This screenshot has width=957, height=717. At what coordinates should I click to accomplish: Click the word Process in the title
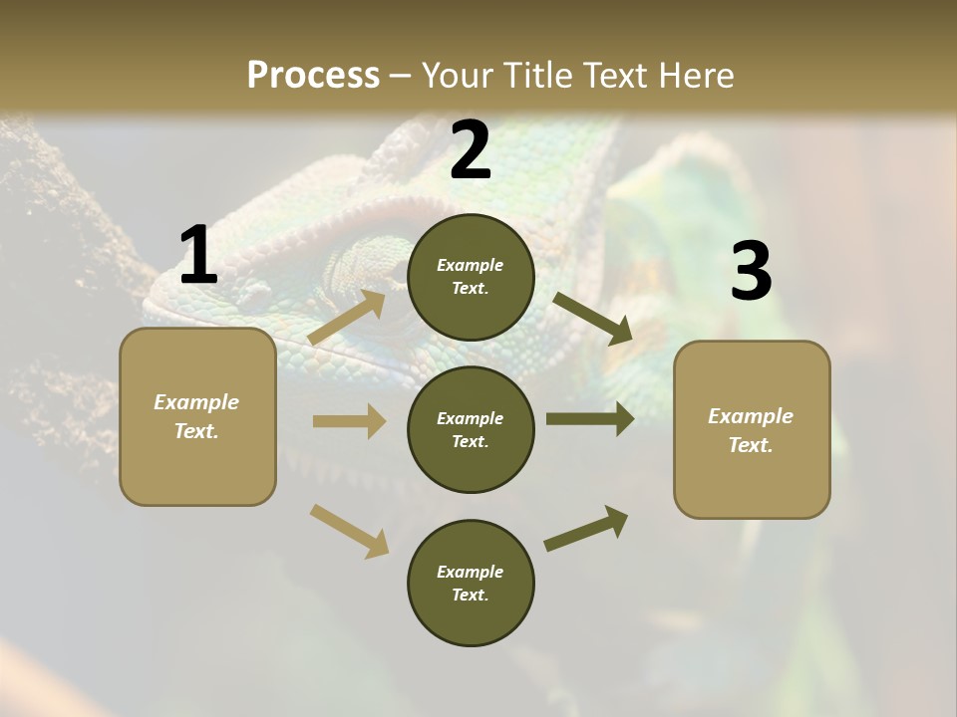313,75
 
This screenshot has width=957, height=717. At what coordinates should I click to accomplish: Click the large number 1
197,256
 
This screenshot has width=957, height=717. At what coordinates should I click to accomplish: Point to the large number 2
471,150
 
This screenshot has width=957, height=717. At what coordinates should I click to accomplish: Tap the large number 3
751,272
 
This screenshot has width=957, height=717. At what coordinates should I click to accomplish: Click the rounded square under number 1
197,416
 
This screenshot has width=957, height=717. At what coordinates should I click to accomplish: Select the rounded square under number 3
752,430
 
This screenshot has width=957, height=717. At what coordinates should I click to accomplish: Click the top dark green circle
471,277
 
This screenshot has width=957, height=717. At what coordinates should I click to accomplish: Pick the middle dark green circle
471,430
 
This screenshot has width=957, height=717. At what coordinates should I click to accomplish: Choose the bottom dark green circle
471,584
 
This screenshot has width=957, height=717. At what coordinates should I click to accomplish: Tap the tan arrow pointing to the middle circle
349,421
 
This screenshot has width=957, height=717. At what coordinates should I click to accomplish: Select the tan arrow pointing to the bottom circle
349,530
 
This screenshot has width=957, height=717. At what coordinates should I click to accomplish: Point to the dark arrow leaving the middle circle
590,419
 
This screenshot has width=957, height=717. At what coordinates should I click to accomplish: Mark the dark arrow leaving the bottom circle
587,528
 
